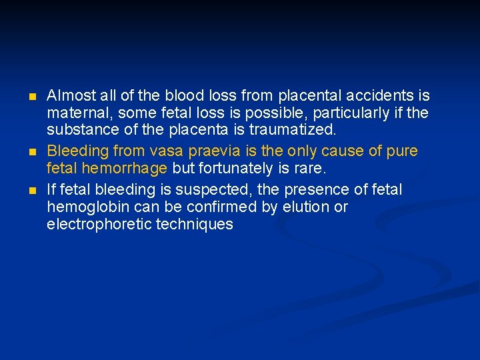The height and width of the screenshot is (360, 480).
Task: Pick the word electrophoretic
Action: click(x=99, y=225)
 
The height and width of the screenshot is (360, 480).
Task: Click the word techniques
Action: click(x=195, y=225)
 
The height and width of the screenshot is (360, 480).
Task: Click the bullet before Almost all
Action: click(x=33, y=97)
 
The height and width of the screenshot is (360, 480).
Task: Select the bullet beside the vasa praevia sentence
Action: click(x=33, y=152)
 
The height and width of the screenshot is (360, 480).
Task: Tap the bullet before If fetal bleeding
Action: click(x=33, y=191)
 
